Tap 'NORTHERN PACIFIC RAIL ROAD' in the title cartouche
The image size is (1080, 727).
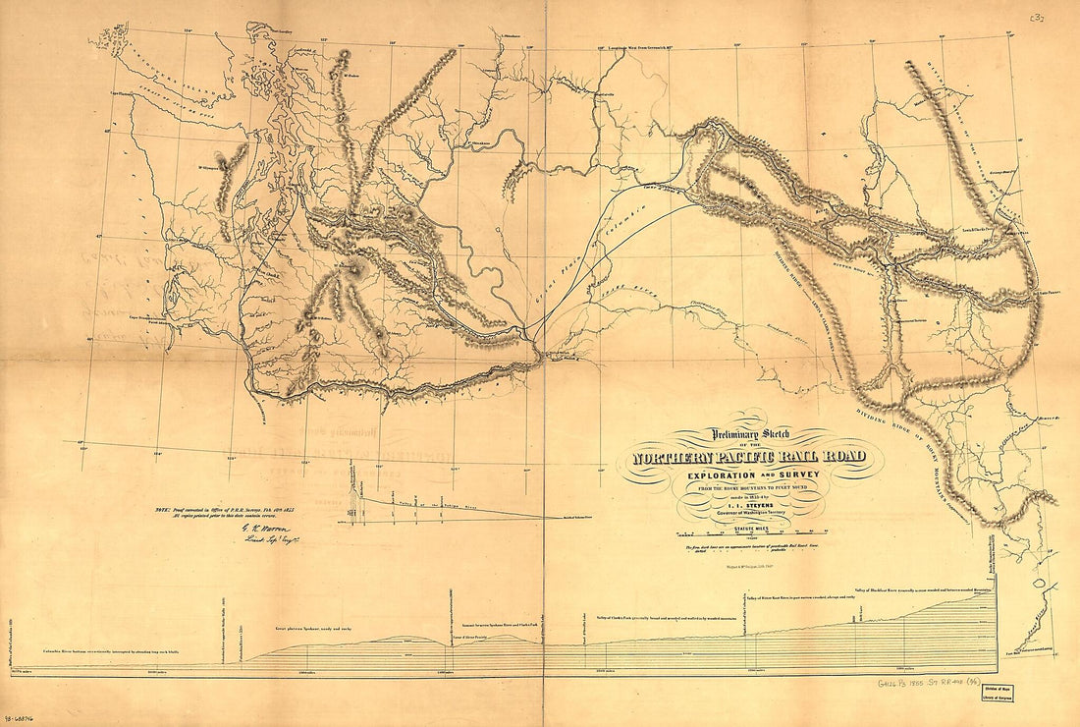(750, 458)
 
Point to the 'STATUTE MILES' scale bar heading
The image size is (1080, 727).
(750, 527)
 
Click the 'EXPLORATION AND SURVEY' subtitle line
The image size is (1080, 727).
(750, 475)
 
